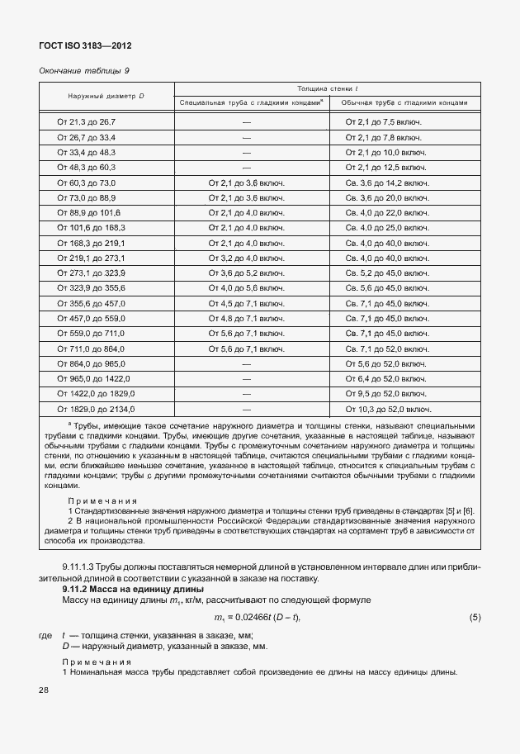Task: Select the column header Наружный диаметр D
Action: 106,96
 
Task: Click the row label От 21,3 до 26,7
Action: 86,121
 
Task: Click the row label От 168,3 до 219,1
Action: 90,243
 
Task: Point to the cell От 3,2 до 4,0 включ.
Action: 246,258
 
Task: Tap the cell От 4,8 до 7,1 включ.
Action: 246,318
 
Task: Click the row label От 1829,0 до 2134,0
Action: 96,409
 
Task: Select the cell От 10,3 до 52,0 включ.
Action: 388,409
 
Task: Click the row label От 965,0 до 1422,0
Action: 94,378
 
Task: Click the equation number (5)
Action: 475,618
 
